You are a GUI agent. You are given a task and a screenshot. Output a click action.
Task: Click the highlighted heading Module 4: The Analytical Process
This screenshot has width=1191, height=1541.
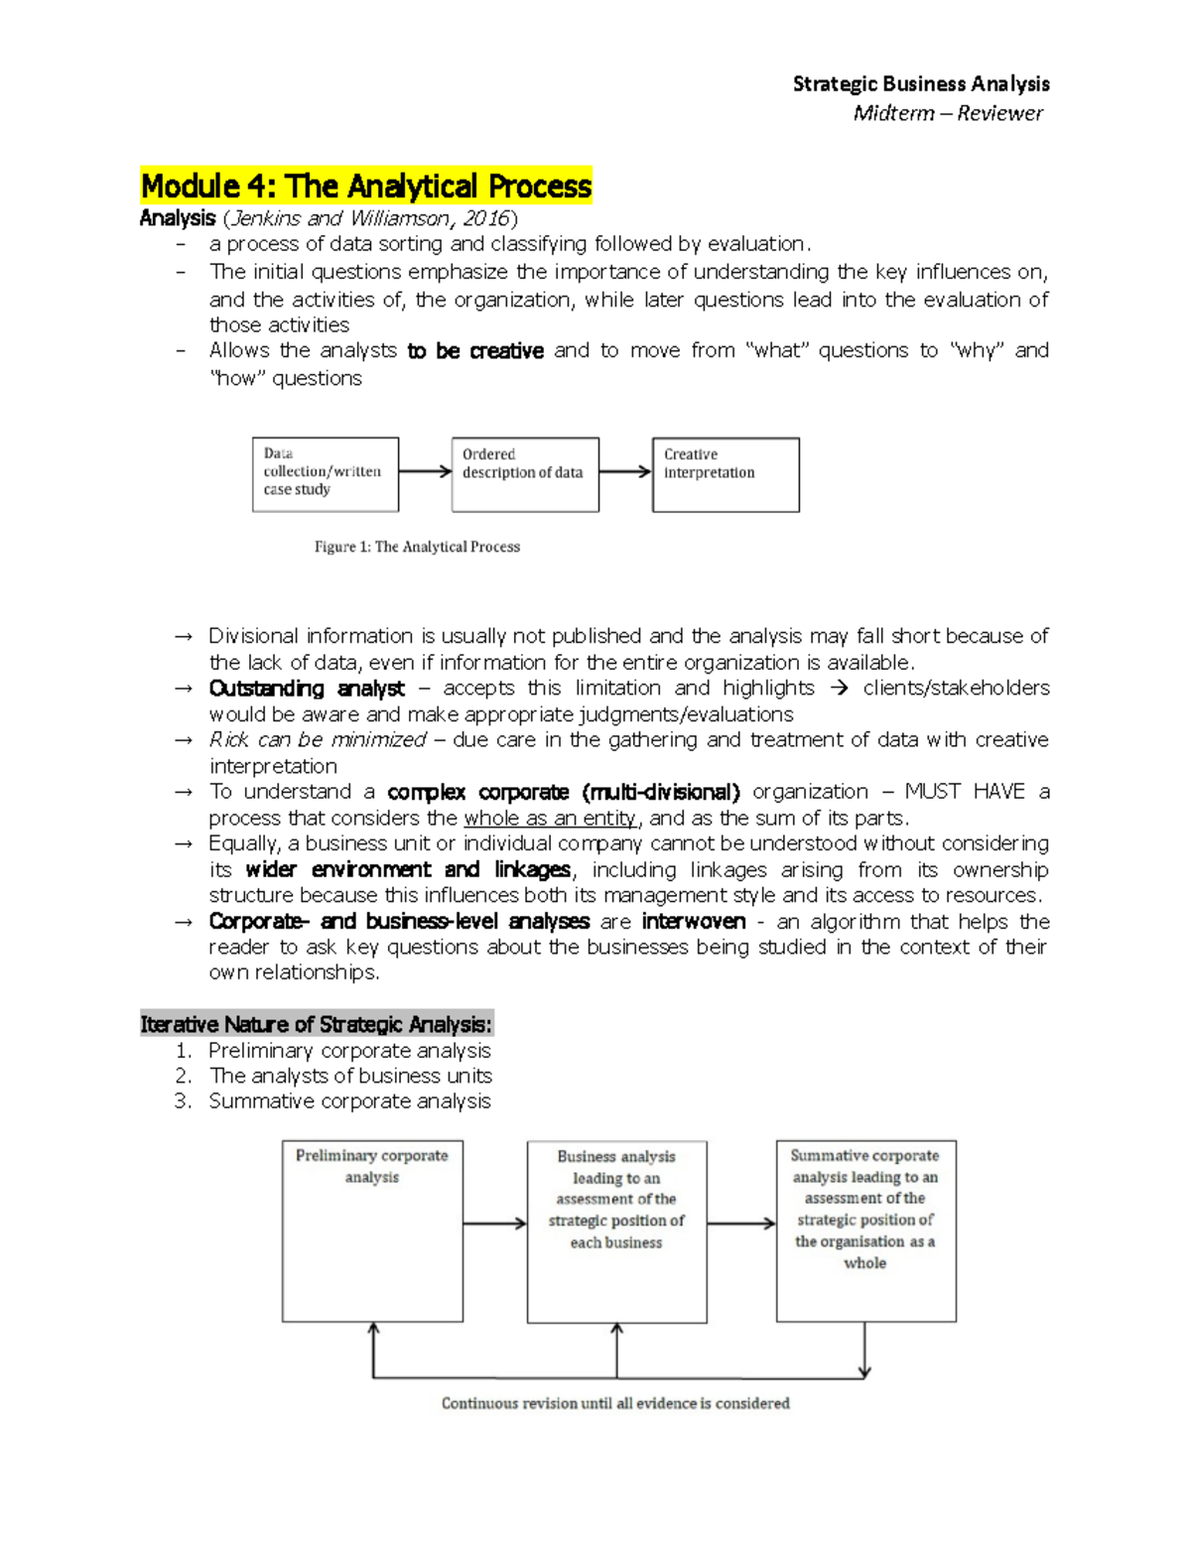[x=366, y=186]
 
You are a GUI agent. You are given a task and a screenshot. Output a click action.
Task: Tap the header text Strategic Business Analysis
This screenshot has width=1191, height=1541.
[x=920, y=84]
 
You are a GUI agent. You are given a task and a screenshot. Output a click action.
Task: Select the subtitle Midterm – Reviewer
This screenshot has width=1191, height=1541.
[x=947, y=113]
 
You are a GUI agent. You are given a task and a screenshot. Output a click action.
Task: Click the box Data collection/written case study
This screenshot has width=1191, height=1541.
[x=326, y=474]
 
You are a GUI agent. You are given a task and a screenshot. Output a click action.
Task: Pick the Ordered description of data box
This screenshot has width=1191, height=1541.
[x=525, y=474]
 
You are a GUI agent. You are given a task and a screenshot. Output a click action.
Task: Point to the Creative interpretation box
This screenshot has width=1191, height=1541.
[x=726, y=474]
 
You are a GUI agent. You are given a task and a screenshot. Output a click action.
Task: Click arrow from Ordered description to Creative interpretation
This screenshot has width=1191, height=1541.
[x=625, y=472]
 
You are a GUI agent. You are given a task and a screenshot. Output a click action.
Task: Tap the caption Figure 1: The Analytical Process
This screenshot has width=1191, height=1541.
[x=417, y=547]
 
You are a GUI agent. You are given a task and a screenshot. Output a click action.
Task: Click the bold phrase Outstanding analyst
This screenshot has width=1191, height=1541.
[x=307, y=689]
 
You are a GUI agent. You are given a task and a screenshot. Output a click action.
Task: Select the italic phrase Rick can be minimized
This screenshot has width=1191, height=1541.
[x=318, y=740]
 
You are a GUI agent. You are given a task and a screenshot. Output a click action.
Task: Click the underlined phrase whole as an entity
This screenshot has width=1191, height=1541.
[x=550, y=819]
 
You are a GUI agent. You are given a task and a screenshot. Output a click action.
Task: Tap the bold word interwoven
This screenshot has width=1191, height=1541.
[x=694, y=922]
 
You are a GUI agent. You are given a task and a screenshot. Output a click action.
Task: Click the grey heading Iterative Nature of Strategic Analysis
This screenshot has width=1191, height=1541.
[x=316, y=1024]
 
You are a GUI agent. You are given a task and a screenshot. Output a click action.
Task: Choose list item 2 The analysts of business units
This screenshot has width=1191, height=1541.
[x=350, y=1076]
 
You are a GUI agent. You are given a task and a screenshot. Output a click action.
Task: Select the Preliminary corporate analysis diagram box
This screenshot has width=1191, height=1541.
[x=372, y=1230]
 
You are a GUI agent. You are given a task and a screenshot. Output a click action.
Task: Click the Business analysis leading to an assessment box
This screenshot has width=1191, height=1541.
[x=616, y=1231]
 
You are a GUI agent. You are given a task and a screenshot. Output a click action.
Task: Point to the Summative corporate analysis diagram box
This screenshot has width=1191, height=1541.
[x=865, y=1230]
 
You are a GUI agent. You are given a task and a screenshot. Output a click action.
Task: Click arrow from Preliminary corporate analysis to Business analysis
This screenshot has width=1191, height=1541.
[x=494, y=1223]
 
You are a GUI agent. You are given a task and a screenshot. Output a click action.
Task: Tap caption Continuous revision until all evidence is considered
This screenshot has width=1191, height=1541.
[x=615, y=1403]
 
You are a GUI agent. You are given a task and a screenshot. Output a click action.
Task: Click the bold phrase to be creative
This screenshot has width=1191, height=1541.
[x=475, y=351]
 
